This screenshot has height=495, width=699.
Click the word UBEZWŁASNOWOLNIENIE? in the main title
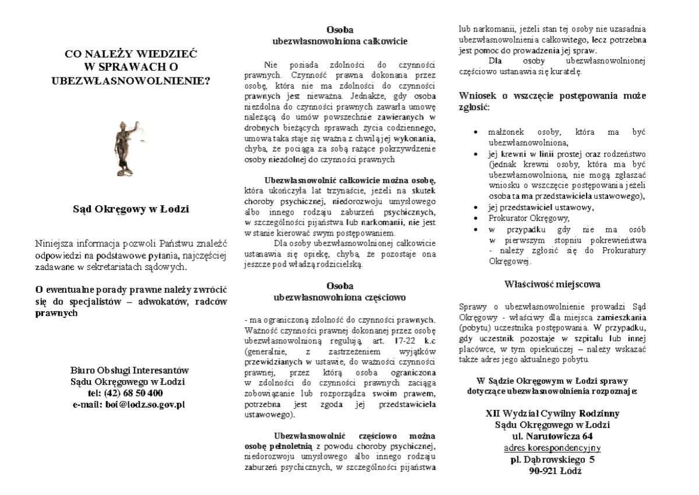(x=131, y=79)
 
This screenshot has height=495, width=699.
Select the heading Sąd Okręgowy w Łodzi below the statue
(x=130, y=209)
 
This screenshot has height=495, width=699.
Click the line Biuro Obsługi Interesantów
(x=129, y=371)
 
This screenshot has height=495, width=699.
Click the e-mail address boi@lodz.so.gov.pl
(x=145, y=403)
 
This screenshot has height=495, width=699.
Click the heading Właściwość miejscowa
(x=552, y=285)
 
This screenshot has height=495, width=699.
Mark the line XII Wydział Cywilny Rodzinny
(x=552, y=413)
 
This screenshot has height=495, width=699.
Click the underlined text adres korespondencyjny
(x=552, y=448)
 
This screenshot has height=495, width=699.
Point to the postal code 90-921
(x=541, y=472)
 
